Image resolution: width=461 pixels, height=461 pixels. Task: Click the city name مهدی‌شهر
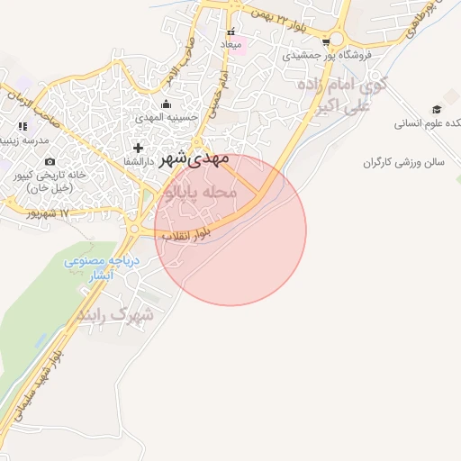pos(194,159)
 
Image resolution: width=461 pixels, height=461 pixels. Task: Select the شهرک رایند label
pos(116,316)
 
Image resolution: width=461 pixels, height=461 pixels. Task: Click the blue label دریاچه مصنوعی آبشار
pos(90,268)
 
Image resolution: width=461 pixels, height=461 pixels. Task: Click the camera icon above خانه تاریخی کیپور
pos(50,160)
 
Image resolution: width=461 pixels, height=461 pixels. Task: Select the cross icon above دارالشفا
pos(138,147)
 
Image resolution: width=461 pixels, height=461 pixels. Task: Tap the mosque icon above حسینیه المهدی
pos(165,104)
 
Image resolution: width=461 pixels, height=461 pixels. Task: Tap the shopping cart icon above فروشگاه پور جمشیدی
pos(337,40)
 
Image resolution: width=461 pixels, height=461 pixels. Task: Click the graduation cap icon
pos(438,109)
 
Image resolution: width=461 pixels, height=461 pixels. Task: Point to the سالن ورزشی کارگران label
pos(405,163)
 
